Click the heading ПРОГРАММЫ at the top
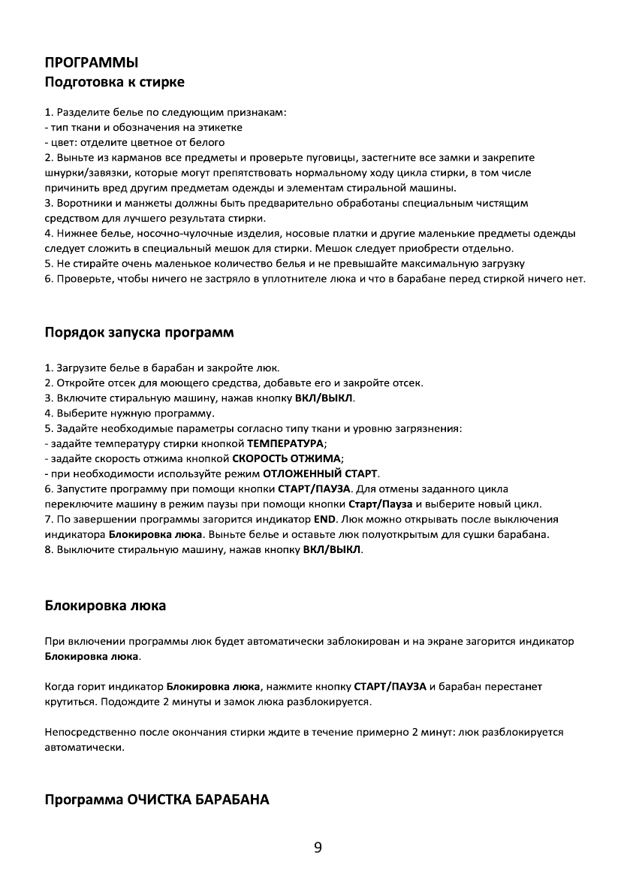pos(91,62)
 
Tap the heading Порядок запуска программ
pos(139,332)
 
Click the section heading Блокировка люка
pos(105,604)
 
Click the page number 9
pos(318,848)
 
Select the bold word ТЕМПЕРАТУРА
pos(286,443)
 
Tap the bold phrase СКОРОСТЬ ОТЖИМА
pos(287,458)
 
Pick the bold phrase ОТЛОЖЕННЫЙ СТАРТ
pos(320,473)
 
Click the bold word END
pos(323,519)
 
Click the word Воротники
pos(82,203)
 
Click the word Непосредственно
pos(87,731)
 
